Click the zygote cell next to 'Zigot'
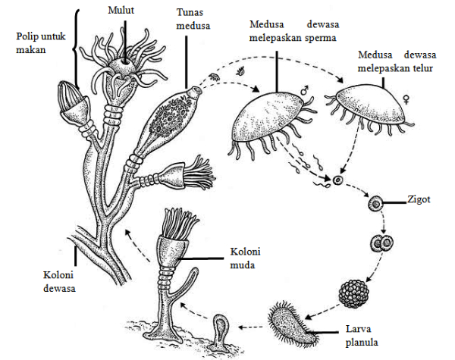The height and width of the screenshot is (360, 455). [374, 203]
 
